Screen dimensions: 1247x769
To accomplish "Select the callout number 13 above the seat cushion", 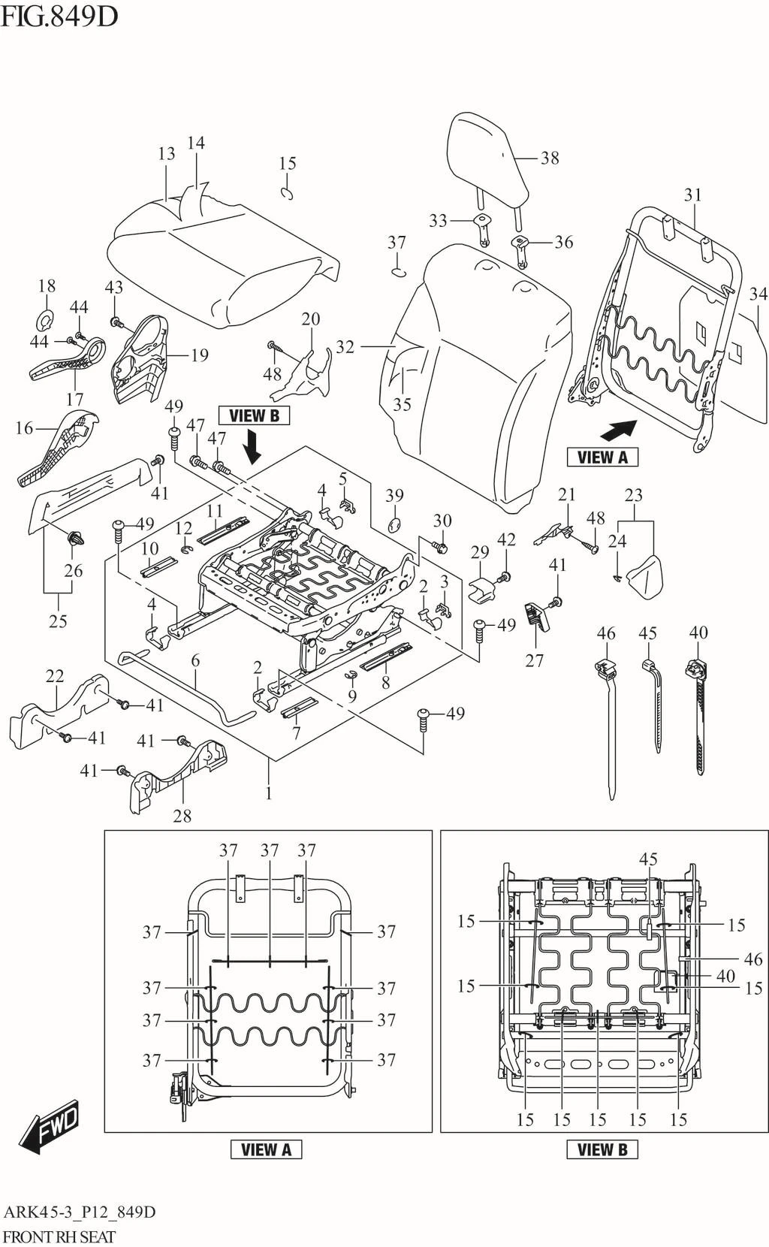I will point(166,154).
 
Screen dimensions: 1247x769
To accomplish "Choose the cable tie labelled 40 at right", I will point(698,714).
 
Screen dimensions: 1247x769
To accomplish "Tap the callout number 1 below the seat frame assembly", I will point(268,793).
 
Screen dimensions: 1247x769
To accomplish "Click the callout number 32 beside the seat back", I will point(345,346).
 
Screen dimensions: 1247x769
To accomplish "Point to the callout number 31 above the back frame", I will point(692,195).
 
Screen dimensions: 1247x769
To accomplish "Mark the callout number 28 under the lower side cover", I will point(182,816).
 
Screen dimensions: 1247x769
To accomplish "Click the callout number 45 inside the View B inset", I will point(648,859).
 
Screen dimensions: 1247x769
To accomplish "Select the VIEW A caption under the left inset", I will point(266,1149).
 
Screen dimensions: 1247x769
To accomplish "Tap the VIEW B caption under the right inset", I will point(602,1149).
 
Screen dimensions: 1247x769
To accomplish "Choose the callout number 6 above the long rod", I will point(195,661).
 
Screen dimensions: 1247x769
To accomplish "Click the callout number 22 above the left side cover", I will point(55,676).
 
